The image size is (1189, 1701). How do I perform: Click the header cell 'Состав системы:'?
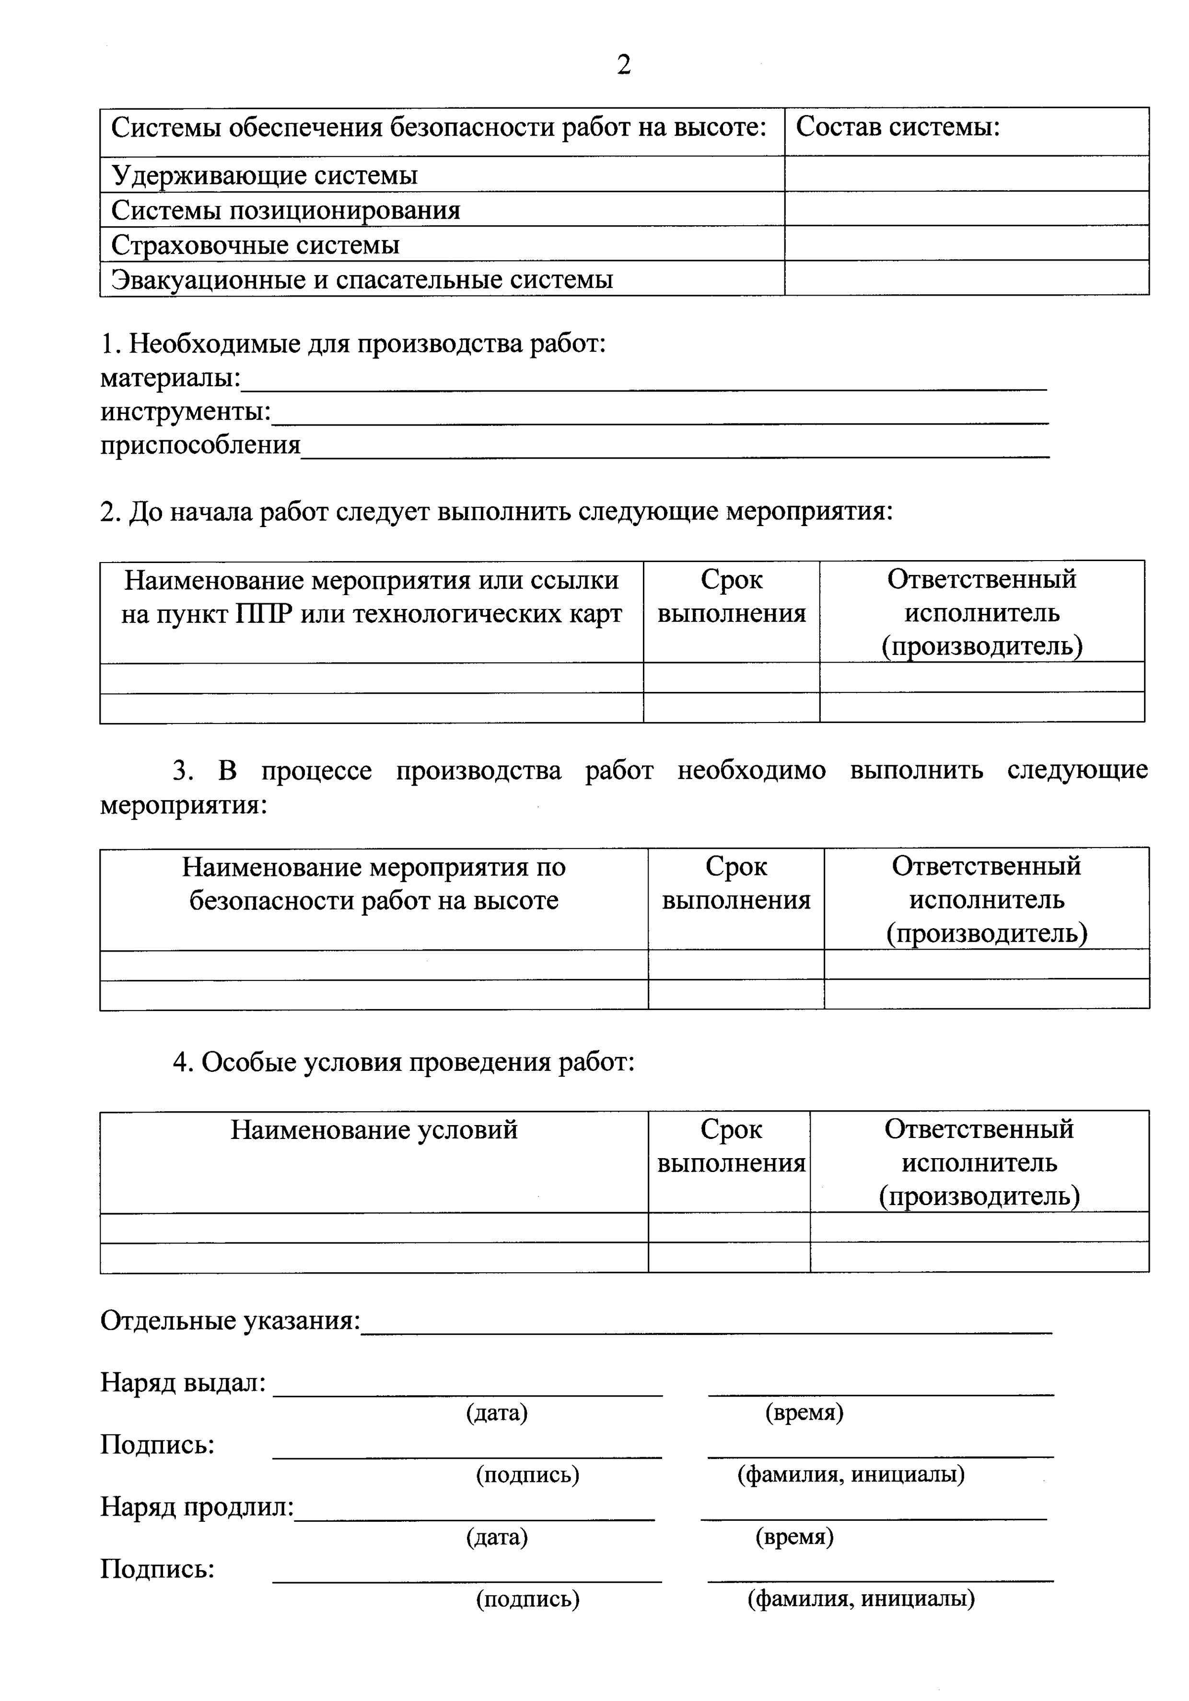click(898, 127)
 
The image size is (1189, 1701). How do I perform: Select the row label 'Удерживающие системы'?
click(265, 175)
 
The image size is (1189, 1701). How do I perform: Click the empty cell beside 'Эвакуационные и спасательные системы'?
click(966, 278)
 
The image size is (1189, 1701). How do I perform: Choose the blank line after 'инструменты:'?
click(660, 416)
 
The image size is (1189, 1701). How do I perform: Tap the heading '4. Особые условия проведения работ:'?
click(404, 1062)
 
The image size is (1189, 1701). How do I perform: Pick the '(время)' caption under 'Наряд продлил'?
click(794, 1537)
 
